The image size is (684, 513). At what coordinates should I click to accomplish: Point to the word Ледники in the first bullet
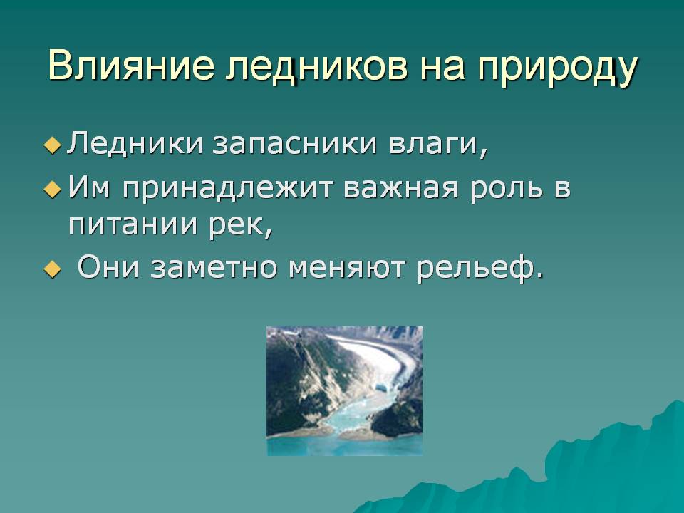click(x=135, y=142)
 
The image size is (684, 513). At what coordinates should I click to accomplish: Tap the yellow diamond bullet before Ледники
click(x=52, y=145)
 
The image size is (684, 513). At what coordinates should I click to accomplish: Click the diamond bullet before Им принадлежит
click(x=52, y=190)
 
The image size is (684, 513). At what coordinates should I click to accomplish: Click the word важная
click(x=401, y=188)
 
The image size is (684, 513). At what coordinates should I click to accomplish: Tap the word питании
click(x=133, y=224)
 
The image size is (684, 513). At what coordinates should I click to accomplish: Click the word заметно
click(x=214, y=267)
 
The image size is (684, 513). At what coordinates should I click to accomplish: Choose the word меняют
click(x=347, y=267)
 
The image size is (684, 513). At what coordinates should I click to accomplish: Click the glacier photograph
click(x=345, y=391)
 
